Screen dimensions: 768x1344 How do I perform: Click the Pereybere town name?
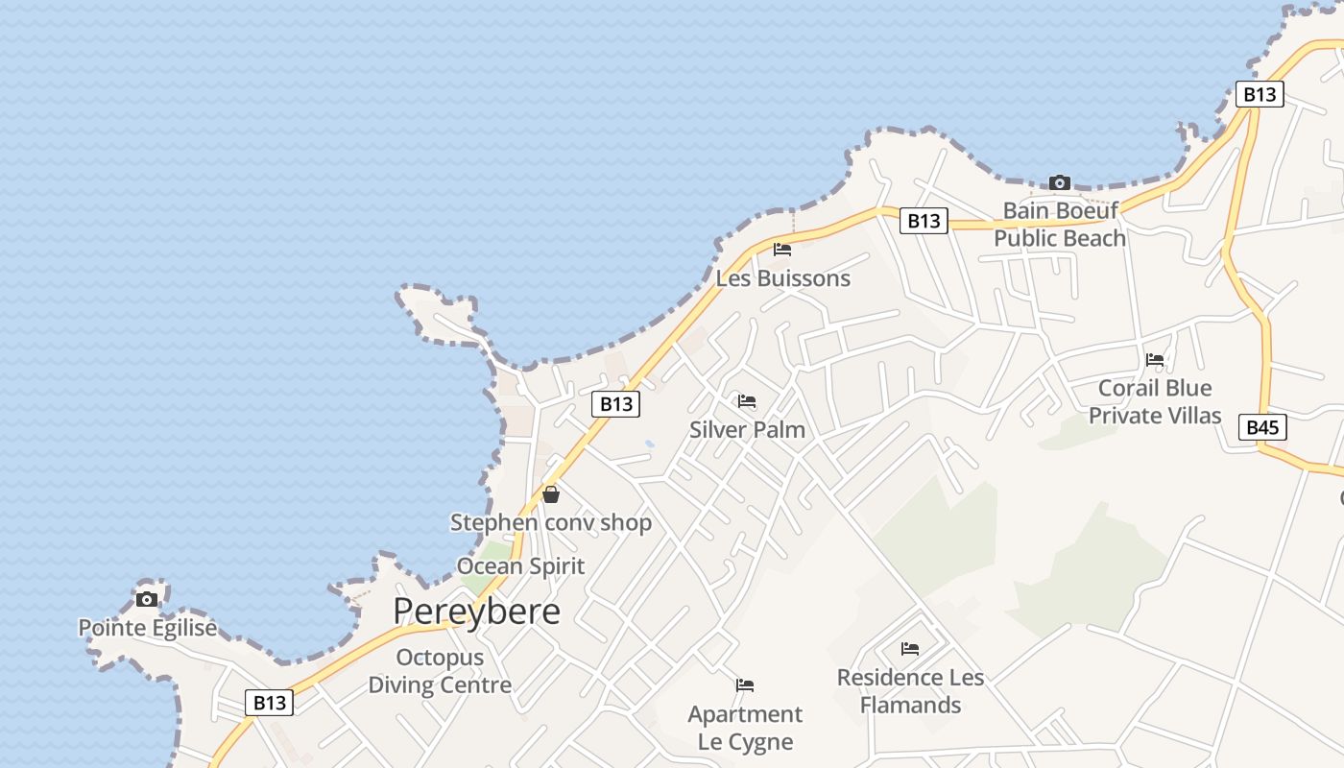point(476,612)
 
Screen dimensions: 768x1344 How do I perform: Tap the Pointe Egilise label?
point(147,628)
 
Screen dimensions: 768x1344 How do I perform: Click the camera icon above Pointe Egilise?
point(147,600)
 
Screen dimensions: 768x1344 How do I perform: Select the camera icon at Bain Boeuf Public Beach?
point(1060,182)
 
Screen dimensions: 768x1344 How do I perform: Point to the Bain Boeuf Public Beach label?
point(1060,224)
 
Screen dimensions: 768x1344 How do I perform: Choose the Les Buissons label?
point(783,278)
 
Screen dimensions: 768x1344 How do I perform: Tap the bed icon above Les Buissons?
point(782,250)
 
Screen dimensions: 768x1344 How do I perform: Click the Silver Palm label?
point(747,429)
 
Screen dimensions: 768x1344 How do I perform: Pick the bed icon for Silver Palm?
point(747,401)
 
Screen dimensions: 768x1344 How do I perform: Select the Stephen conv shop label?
point(551,522)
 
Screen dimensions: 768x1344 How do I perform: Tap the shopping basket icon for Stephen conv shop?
point(551,494)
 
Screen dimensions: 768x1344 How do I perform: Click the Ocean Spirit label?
point(520,566)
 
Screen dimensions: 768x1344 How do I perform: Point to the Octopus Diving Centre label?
point(440,671)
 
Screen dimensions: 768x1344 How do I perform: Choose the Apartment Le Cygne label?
point(745,728)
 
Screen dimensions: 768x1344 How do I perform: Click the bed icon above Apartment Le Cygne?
point(745,685)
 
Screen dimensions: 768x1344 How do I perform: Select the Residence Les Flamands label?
point(910,691)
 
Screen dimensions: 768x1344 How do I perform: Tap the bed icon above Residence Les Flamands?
point(910,649)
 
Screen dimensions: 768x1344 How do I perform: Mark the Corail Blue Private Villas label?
point(1155,401)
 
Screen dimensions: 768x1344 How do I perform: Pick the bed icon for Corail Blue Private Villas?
point(1155,360)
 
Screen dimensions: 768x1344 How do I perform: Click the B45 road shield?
point(1262,427)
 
